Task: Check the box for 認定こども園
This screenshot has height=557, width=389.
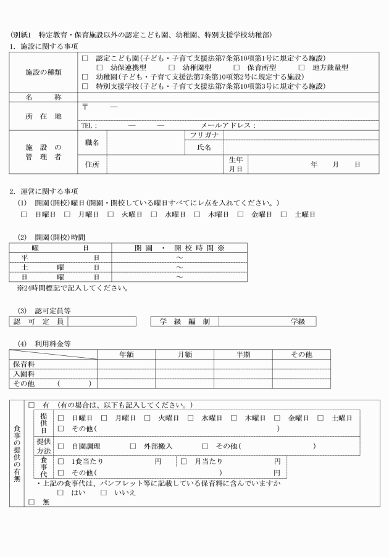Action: click(85, 58)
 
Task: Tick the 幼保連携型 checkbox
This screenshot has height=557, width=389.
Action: click(99, 67)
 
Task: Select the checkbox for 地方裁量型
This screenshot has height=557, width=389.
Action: click(302, 67)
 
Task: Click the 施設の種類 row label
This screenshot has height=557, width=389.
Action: click(43, 72)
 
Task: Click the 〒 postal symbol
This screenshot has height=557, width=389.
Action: click(85, 107)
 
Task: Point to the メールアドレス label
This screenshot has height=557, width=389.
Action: click(227, 125)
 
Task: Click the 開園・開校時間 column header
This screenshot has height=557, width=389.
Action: click(178, 247)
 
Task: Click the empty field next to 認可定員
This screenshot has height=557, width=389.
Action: click(102, 321)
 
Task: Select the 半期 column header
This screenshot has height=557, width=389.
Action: click(243, 355)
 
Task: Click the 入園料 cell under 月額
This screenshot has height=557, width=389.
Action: click(185, 374)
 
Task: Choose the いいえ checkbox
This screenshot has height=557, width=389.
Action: click(104, 492)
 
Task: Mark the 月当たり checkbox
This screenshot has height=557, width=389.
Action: click(183, 461)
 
